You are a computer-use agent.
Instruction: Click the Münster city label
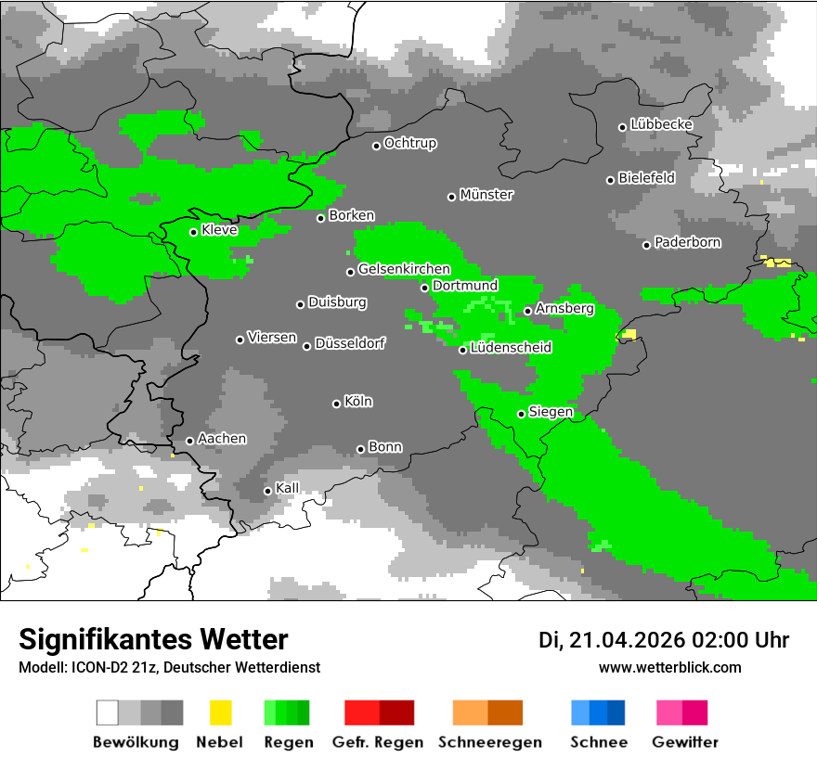click(x=486, y=195)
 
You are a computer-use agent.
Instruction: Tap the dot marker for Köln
click(x=336, y=404)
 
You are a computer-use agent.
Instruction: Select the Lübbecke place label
click(x=661, y=124)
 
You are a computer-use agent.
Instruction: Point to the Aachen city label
click(x=222, y=439)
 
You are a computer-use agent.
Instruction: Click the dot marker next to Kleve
click(x=193, y=232)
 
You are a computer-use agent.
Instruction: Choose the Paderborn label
click(x=687, y=243)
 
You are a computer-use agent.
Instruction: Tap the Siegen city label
click(x=551, y=412)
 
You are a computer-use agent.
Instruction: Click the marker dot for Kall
click(x=267, y=491)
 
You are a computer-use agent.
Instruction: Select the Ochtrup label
click(x=409, y=144)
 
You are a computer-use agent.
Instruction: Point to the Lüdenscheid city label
click(x=511, y=348)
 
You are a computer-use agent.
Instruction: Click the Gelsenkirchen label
click(x=404, y=270)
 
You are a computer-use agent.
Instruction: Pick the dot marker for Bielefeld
click(x=611, y=180)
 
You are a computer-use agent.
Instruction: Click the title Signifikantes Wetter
click(x=153, y=640)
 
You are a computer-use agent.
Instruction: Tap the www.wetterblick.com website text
click(x=669, y=668)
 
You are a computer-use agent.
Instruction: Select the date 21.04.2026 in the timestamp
click(x=627, y=640)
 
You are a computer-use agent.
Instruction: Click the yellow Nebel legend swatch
click(x=220, y=712)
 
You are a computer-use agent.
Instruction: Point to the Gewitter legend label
click(x=684, y=742)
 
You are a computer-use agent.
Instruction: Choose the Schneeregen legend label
click(x=490, y=742)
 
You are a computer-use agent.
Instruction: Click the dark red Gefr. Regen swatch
click(x=396, y=712)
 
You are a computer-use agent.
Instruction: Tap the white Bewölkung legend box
click(x=108, y=712)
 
